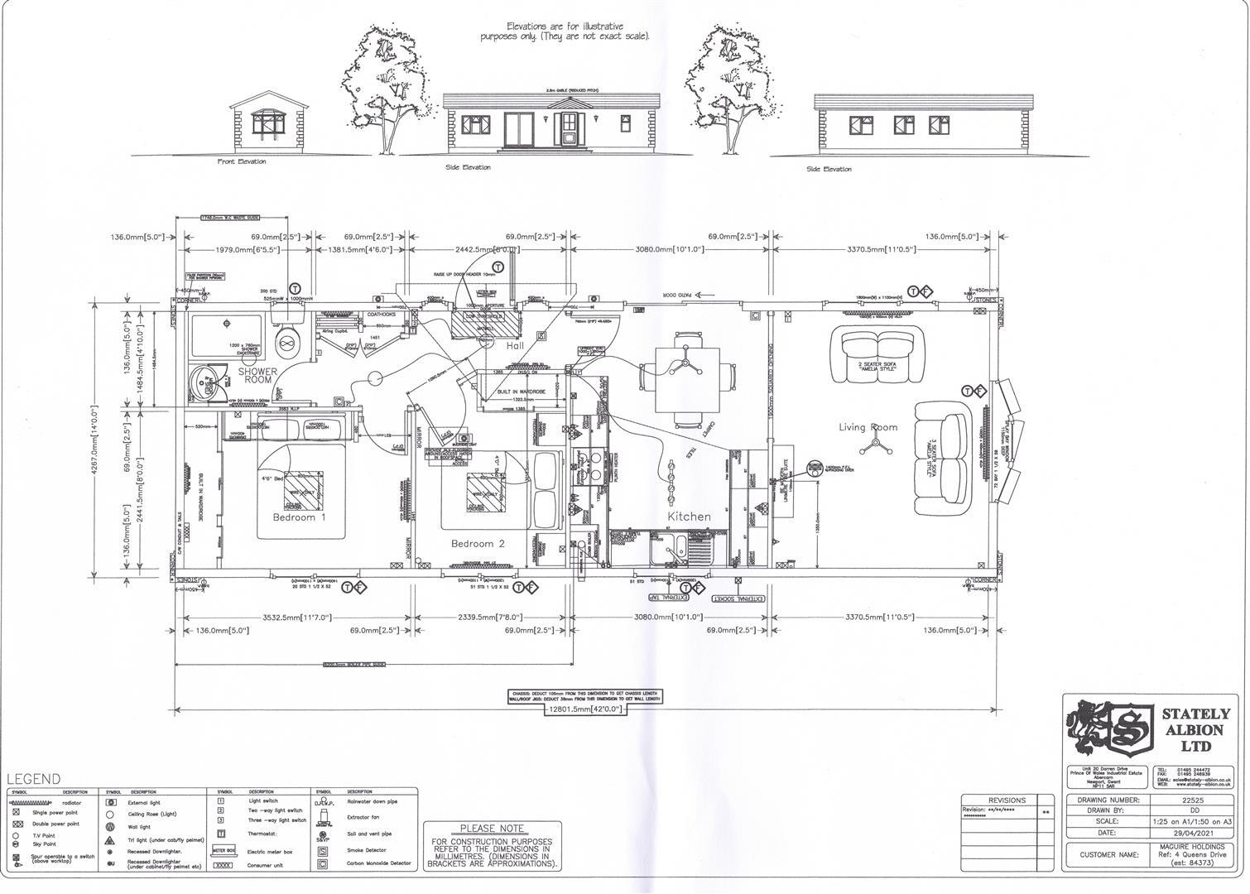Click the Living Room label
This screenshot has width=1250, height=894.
pos(868,427)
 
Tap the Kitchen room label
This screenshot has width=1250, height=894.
pos(689,517)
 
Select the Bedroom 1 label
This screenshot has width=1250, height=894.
pos(299,517)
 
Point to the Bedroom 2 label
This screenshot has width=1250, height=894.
pos(478,544)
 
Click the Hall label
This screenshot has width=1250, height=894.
pos(516,346)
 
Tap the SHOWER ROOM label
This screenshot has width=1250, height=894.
pos(258,376)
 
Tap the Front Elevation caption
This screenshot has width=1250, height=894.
pos(242,161)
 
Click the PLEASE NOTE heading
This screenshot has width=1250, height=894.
pos(492,829)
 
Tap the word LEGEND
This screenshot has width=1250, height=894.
pos(34,779)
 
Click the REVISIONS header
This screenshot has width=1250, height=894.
pos(1007,800)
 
